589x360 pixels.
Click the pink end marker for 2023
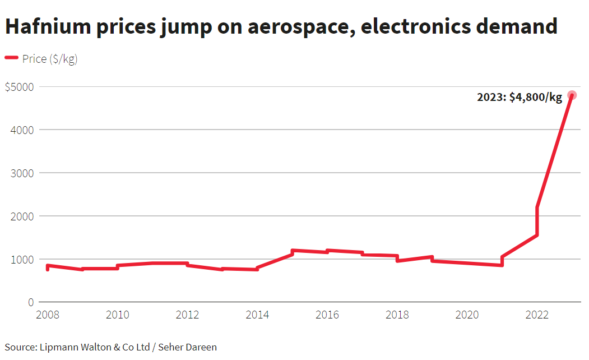572,95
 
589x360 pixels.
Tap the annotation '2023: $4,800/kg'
519,98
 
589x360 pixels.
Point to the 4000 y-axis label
22,130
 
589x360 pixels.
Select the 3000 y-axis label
22,173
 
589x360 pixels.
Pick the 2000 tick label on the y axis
22,216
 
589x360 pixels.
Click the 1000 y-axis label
22,260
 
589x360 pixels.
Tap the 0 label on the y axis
31,303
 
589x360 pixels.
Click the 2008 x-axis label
48,315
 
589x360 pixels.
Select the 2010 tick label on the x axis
118,315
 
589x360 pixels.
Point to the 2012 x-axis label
187,315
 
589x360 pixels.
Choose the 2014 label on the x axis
257,315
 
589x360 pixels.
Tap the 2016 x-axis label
327,315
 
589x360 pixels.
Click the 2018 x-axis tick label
397,315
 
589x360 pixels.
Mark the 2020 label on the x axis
467,315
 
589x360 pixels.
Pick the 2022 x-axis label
537,315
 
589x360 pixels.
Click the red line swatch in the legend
12,58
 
